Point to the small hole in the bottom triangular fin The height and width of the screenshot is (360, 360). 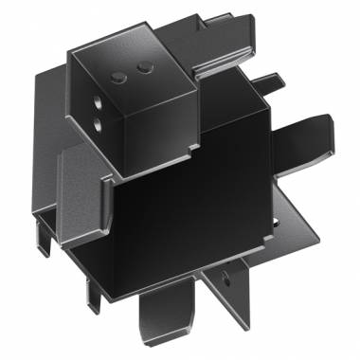click(x=225, y=278)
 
